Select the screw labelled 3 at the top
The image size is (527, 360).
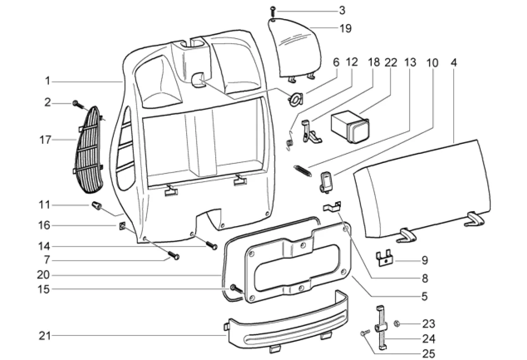[x=272, y=10]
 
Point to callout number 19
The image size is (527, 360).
[x=345, y=29]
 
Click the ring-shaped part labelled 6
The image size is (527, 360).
[x=296, y=99]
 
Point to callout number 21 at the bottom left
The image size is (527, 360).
[x=44, y=336]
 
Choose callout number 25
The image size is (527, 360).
[x=428, y=353]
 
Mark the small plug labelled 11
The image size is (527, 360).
[x=96, y=206]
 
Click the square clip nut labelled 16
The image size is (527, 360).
[x=122, y=225]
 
